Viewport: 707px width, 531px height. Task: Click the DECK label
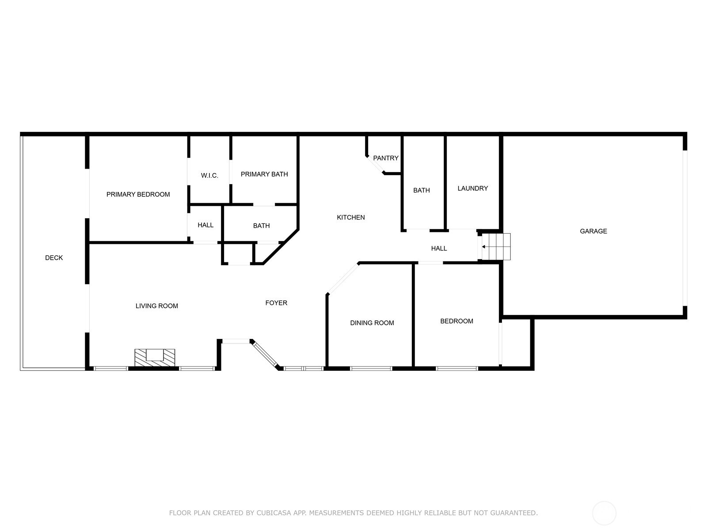pyautogui.click(x=54, y=258)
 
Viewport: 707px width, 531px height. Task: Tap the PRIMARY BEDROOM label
pyautogui.click(x=138, y=194)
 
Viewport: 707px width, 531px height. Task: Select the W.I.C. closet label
pyautogui.click(x=209, y=176)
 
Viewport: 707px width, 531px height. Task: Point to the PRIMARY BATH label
pyautogui.click(x=264, y=174)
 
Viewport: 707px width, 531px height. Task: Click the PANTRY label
pyautogui.click(x=386, y=158)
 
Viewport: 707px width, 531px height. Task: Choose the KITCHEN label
pyautogui.click(x=351, y=218)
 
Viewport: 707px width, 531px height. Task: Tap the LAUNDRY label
pyautogui.click(x=472, y=189)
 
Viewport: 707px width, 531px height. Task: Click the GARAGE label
pyautogui.click(x=593, y=231)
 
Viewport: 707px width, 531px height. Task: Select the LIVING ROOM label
pyautogui.click(x=156, y=306)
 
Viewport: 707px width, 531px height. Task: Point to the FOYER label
pyautogui.click(x=276, y=303)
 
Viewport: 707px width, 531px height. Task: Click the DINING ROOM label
pyautogui.click(x=372, y=323)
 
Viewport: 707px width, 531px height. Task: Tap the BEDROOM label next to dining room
pyautogui.click(x=456, y=321)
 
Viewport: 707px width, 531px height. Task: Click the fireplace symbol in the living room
pyautogui.click(x=155, y=358)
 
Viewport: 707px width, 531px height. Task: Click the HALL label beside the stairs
pyautogui.click(x=439, y=248)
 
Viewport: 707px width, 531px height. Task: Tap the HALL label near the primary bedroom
pyautogui.click(x=205, y=225)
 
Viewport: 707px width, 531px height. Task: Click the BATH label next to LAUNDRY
pyautogui.click(x=421, y=190)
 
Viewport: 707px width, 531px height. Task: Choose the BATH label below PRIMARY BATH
pyautogui.click(x=261, y=226)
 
